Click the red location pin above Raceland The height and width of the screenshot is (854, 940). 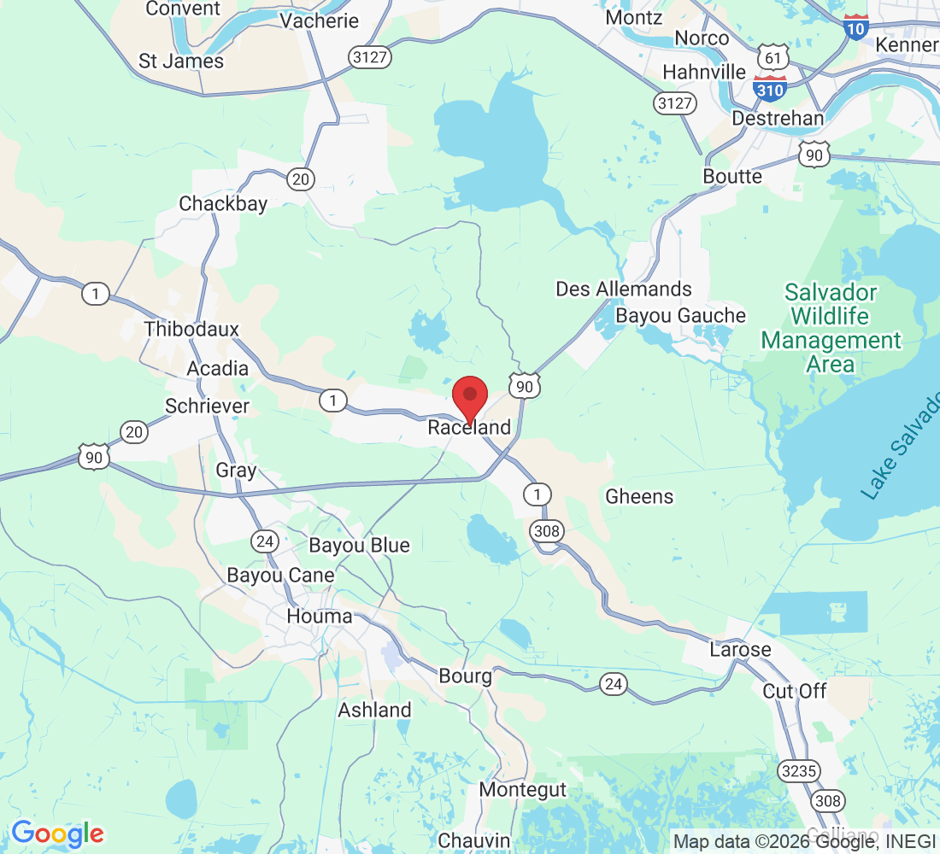tap(469, 396)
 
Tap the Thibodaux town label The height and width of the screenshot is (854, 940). tap(191, 329)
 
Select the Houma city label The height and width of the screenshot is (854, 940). tap(320, 616)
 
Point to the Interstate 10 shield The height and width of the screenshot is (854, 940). tap(855, 27)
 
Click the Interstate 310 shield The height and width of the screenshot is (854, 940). tap(770, 87)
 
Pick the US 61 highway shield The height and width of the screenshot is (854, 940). tap(773, 57)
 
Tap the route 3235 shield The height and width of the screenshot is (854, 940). tap(799, 771)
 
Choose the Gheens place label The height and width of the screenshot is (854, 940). tap(639, 496)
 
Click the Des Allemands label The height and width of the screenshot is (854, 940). tap(624, 289)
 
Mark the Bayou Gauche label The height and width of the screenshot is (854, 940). tap(681, 316)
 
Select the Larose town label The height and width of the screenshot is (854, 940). tap(740, 649)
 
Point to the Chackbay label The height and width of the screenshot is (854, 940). tap(223, 203)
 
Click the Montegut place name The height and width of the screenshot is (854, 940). tap(522, 790)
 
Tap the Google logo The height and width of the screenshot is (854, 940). tap(57, 834)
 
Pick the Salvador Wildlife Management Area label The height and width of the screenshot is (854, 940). tap(831, 329)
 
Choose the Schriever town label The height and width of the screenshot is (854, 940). tap(208, 406)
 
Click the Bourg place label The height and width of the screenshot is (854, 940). tap(466, 676)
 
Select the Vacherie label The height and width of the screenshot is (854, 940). tap(320, 20)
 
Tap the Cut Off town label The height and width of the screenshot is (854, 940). tap(795, 691)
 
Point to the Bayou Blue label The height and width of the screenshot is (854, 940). tap(359, 545)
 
